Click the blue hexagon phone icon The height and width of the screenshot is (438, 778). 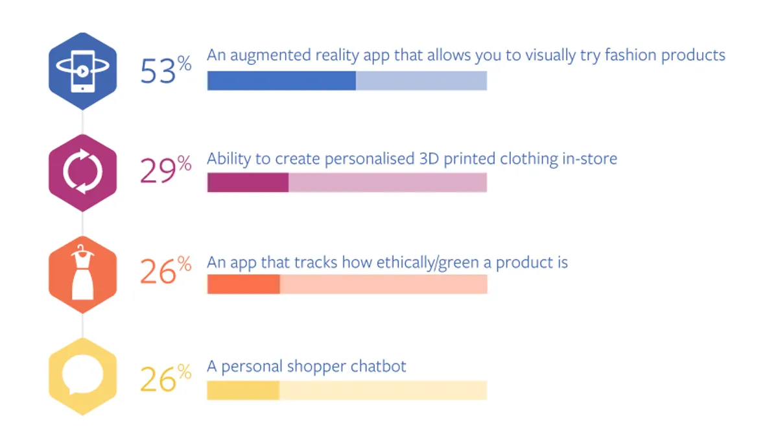coord(83,71)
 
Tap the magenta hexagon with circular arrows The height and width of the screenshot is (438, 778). coord(83,173)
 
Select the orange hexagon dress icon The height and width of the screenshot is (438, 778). coord(83,274)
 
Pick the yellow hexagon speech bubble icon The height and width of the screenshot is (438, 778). coord(83,376)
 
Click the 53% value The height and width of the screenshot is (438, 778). coord(166,70)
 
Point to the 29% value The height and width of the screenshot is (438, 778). coord(166,169)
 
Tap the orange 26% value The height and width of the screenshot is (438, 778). coord(166,270)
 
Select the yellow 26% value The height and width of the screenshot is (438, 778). coord(166,378)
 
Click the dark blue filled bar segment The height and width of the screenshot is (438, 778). coord(281,80)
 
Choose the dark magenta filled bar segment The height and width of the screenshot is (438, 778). coord(248,182)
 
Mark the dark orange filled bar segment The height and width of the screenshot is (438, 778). coord(244,284)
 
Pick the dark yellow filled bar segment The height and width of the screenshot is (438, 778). coord(243,391)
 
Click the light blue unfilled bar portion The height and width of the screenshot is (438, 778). coord(421,80)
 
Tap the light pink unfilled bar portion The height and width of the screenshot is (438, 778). coord(388,182)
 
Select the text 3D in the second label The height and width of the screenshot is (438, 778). coord(429,158)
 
